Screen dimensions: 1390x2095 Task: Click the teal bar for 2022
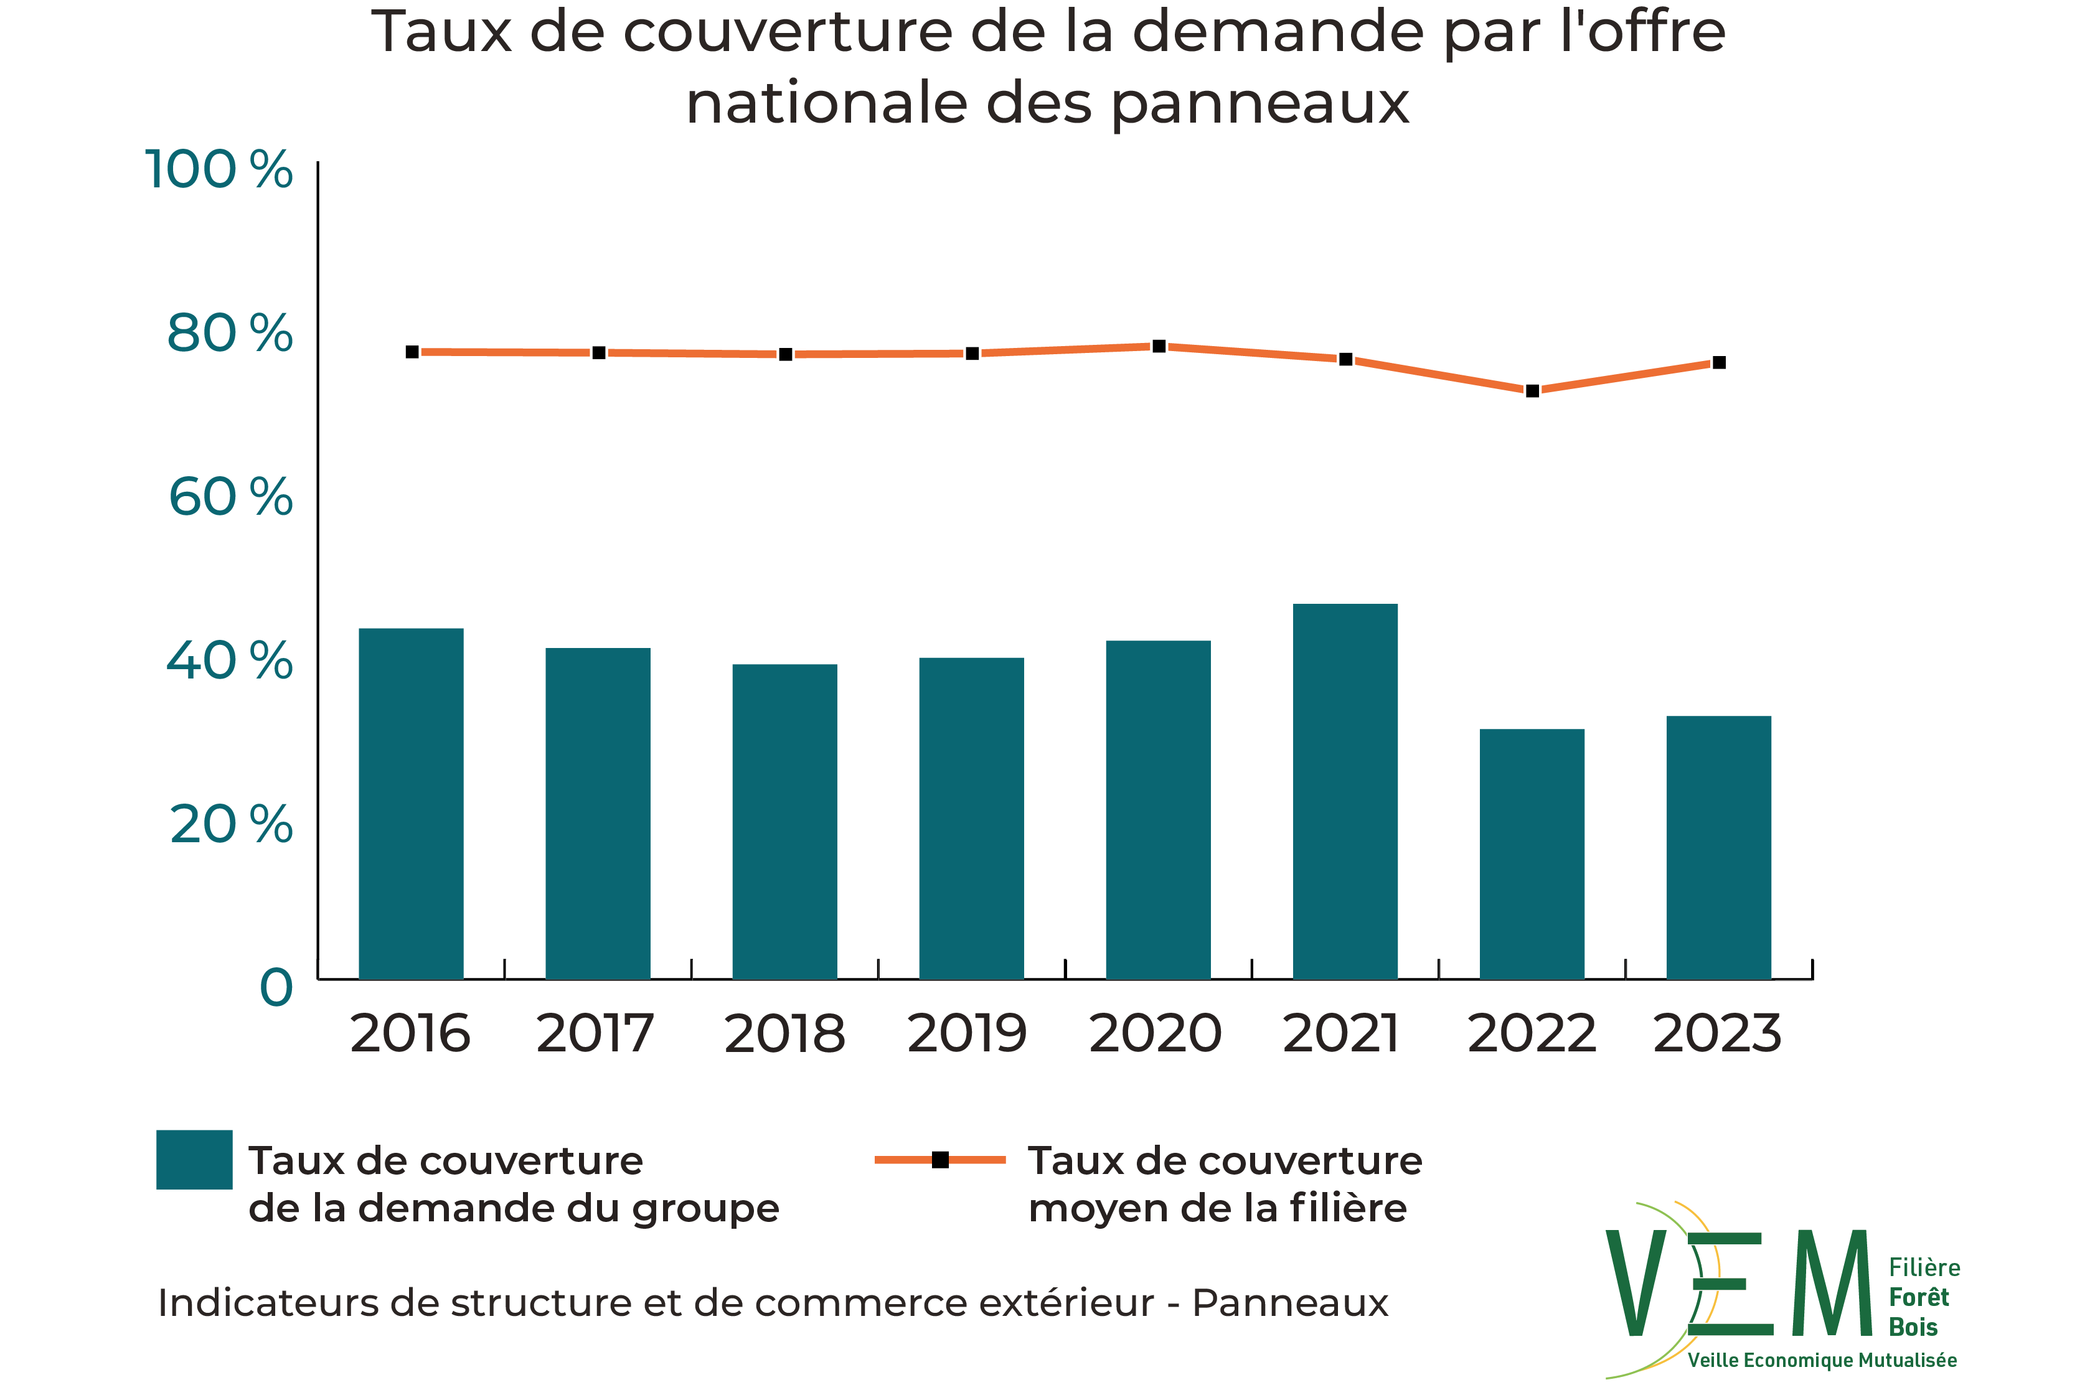1532,853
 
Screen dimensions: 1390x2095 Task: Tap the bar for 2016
410,803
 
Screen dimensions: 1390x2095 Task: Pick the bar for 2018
784,821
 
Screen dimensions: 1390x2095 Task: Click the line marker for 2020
1159,345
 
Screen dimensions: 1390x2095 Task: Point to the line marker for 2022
1532,391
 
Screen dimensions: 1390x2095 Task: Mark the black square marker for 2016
412,352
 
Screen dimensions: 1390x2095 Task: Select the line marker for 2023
1719,362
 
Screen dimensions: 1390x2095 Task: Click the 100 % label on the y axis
218,169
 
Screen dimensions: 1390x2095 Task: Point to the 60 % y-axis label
230,497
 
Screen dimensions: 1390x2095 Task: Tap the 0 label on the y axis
276,987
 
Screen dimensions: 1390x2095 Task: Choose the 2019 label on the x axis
967,1034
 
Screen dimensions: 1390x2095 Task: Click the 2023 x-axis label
1717,1034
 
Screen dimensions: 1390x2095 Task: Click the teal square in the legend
194,1160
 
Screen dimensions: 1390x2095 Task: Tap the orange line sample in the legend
939,1160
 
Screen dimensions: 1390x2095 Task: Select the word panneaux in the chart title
1260,105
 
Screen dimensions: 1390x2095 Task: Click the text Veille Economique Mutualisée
1822,1360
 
